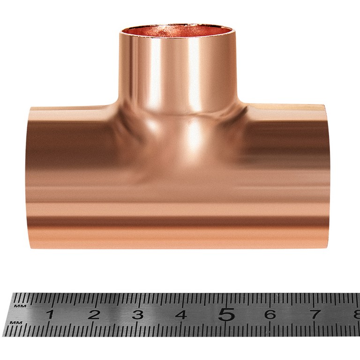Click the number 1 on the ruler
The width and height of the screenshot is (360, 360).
pyautogui.click(x=50, y=315)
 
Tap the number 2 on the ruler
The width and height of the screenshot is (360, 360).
pyautogui.click(x=94, y=315)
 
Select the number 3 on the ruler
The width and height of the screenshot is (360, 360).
pyautogui.click(x=137, y=315)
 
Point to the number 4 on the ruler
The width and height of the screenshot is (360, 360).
pyautogui.click(x=181, y=315)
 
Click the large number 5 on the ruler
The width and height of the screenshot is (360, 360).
pyautogui.click(x=226, y=314)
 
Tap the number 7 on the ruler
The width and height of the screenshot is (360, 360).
pyautogui.click(x=315, y=315)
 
